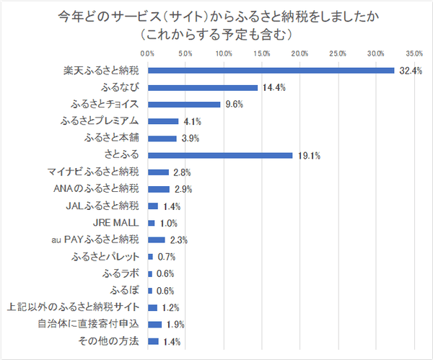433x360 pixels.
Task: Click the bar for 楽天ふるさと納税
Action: point(271,71)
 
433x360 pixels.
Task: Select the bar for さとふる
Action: point(220,155)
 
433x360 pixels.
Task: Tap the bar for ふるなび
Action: point(202,87)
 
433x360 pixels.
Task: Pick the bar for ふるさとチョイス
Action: point(184,105)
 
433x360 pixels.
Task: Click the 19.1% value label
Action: point(309,155)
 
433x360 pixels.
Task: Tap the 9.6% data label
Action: point(234,105)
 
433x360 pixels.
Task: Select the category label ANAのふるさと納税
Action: point(101,189)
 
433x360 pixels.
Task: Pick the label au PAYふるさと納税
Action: point(99,240)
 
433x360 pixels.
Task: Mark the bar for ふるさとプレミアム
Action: point(163,121)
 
